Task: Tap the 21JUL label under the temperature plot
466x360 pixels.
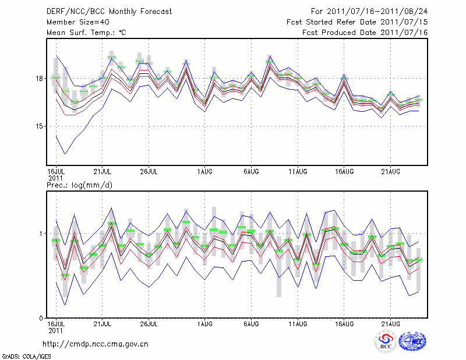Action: pos(103,172)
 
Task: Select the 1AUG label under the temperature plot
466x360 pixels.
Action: pos(204,172)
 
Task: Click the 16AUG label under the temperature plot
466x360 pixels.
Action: pos(344,172)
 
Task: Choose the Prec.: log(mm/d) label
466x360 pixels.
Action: pos(78,185)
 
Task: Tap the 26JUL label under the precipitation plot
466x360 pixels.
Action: pos(149,323)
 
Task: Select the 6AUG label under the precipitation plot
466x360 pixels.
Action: pos(251,323)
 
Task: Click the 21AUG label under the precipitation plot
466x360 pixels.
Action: pos(390,323)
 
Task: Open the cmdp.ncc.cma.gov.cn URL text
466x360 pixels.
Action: pos(96,344)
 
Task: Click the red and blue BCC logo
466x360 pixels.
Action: pos(386,341)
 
